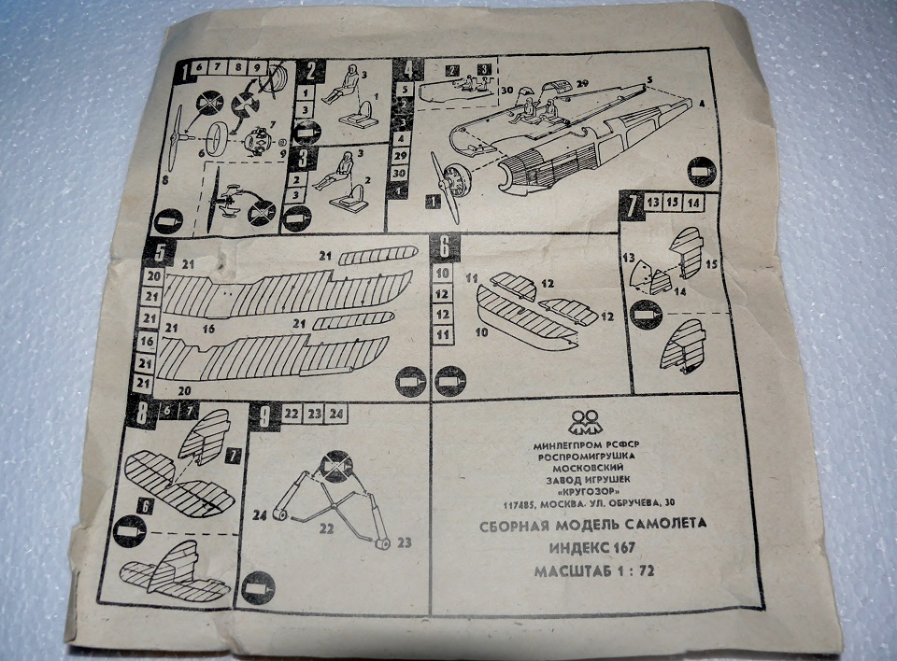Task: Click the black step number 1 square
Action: (187, 70)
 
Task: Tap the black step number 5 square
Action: (162, 253)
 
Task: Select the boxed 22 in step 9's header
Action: (292, 414)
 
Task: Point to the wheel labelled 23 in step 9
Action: (381, 541)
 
